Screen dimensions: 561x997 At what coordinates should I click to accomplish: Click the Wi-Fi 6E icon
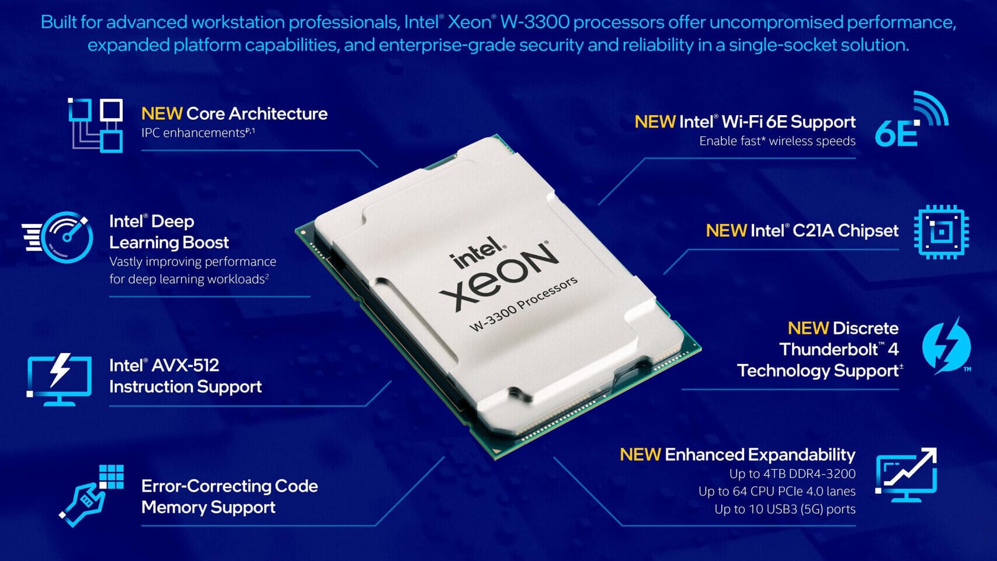pyautogui.click(x=911, y=120)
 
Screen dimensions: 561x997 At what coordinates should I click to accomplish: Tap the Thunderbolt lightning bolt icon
pyautogui.click(x=946, y=346)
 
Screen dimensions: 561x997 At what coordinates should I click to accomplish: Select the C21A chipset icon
pyautogui.click(x=941, y=232)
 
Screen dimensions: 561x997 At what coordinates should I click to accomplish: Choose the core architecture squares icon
pyautogui.click(x=96, y=125)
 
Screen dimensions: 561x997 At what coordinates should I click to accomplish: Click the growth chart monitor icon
pyautogui.click(x=906, y=475)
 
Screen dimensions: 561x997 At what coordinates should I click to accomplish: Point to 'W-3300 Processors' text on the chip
pyautogui.click(x=524, y=303)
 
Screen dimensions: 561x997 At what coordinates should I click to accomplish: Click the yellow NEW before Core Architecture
pyautogui.click(x=162, y=114)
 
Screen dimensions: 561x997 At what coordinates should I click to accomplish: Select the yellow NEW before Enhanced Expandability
pyautogui.click(x=640, y=455)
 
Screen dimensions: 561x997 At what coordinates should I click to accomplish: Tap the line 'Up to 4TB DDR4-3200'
pyautogui.click(x=792, y=474)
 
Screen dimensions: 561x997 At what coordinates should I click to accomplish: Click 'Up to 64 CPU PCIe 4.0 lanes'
pyautogui.click(x=777, y=491)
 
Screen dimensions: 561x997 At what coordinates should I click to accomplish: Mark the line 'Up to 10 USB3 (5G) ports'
pyautogui.click(x=784, y=509)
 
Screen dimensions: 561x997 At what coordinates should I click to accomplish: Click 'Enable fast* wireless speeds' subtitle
pyautogui.click(x=777, y=141)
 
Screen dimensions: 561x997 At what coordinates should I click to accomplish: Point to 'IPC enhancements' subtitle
pyautogui.click(x=193, y=133)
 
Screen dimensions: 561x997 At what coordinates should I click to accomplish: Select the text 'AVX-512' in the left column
pyautogui.click(x=185, y=366)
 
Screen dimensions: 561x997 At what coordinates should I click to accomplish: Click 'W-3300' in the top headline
pyautogui.click(x=534, y=22)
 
